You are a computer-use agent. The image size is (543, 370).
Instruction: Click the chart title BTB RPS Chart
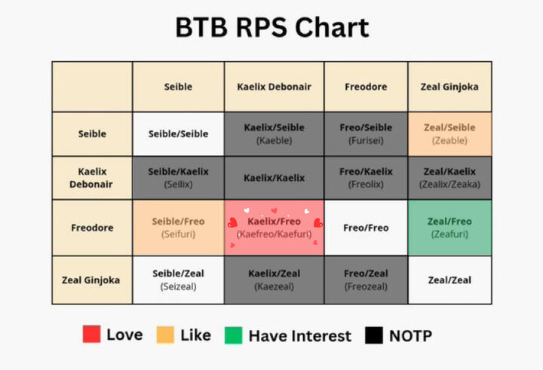(272, 27)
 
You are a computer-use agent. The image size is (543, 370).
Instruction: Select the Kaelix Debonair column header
(274, 87)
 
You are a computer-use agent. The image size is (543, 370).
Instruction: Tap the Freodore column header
(366, 87)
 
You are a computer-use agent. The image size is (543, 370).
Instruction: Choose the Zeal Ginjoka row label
(92, 280)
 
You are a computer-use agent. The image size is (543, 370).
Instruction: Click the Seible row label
(92, 133)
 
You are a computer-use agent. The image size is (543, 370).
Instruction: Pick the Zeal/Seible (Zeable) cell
(449, 133)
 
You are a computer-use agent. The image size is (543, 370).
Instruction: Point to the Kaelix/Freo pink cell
(274, 228)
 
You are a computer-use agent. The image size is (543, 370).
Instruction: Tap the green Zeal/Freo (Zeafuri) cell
(449, 228)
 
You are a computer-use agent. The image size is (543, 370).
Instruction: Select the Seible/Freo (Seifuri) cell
(178, 228)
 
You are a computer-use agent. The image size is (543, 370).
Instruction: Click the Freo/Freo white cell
(366, 228)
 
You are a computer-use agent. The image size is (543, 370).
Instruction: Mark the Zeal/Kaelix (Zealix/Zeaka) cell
(449, 178)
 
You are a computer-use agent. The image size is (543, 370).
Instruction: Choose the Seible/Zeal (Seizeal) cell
(178, 280)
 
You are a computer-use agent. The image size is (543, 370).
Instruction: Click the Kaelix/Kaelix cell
(274, 178)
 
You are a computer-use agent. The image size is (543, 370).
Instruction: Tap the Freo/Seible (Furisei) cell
(366, 133)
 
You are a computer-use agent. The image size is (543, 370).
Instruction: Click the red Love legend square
(91, 334)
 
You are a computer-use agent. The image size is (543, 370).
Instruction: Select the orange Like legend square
(165, 335)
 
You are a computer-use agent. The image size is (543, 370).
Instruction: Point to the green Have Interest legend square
(233, 335)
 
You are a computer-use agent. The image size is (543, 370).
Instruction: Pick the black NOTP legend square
(374, 335)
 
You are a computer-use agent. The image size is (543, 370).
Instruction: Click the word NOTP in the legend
(411, 336)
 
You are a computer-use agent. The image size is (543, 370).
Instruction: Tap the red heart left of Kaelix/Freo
(232, 222)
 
